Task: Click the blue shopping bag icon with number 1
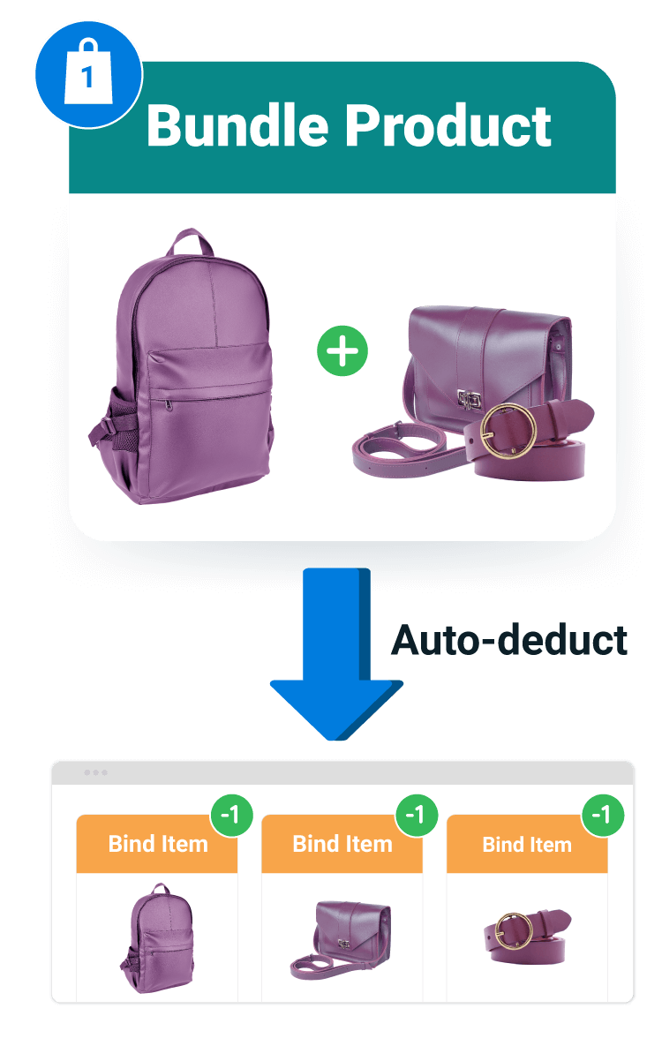(x=87, y=75)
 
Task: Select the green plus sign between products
(x=342, y=351)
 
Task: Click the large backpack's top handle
(x=194, y=240)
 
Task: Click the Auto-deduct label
(x=509, y=640)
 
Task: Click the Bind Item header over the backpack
(x=157, y=844)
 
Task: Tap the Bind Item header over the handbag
(x=342, y=844)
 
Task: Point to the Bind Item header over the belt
(x=526, y=845)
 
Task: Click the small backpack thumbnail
(x=157, y=937)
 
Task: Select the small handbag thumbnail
(x=341, y=938)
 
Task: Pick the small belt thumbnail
(x=526, y=937)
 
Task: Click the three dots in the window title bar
(x=95, y=772)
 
